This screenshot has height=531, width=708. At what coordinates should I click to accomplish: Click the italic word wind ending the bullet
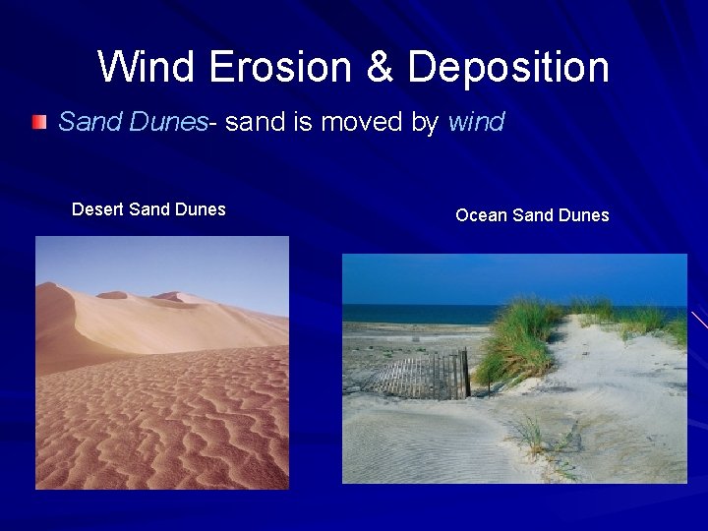(x=477, y=122)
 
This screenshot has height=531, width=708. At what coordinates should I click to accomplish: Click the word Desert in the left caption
(x=100, y=209)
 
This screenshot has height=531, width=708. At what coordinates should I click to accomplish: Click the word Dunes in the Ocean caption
(x=584, y=215)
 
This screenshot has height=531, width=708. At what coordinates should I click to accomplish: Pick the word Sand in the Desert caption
(x=151, y=209)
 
